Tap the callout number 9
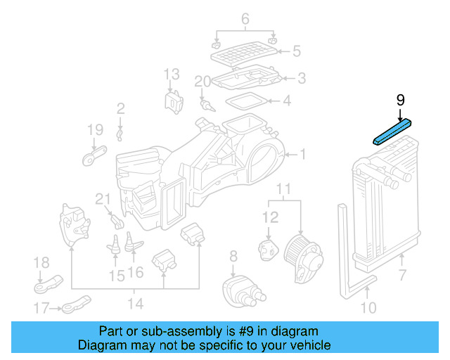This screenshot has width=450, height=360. click(x=400, y=101)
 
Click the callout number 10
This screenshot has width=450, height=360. click(x=368, y=307)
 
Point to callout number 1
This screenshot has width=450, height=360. click(x=303, y=154)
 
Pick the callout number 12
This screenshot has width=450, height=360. click(x=271, y=219)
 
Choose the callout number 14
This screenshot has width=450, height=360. click(x=135, y=304)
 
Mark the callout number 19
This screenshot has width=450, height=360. click(x=95, y=129)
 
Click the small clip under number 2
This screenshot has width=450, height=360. click(x=120, y=131)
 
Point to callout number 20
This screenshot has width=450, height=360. click(x=202, y=82)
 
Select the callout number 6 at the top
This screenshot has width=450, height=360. click(x=245, y=19)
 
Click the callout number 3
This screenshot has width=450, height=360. click(x=301, y=78)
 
